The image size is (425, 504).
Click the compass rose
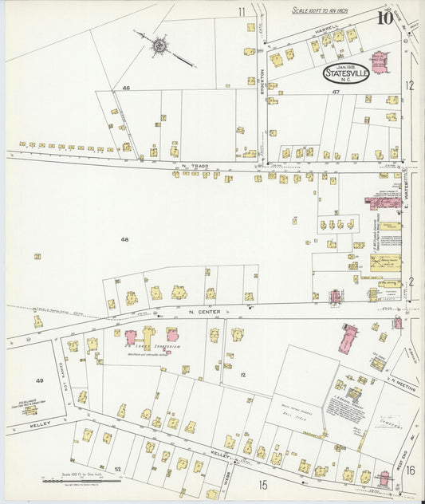tap(159, 45)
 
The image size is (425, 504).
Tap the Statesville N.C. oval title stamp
tap(346, 73)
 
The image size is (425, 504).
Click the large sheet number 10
tap(385, 16)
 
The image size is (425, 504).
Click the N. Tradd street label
tap(194, 166)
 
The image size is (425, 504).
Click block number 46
tap(126, 87)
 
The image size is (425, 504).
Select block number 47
tap(336, 93)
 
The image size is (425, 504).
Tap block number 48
tap(124, 239)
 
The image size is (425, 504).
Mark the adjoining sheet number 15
tap(262, 484)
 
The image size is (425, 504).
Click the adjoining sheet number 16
tap(410, 471)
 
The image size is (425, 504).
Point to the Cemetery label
tap(386, 405)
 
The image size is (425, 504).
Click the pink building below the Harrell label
tap(380, 61)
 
